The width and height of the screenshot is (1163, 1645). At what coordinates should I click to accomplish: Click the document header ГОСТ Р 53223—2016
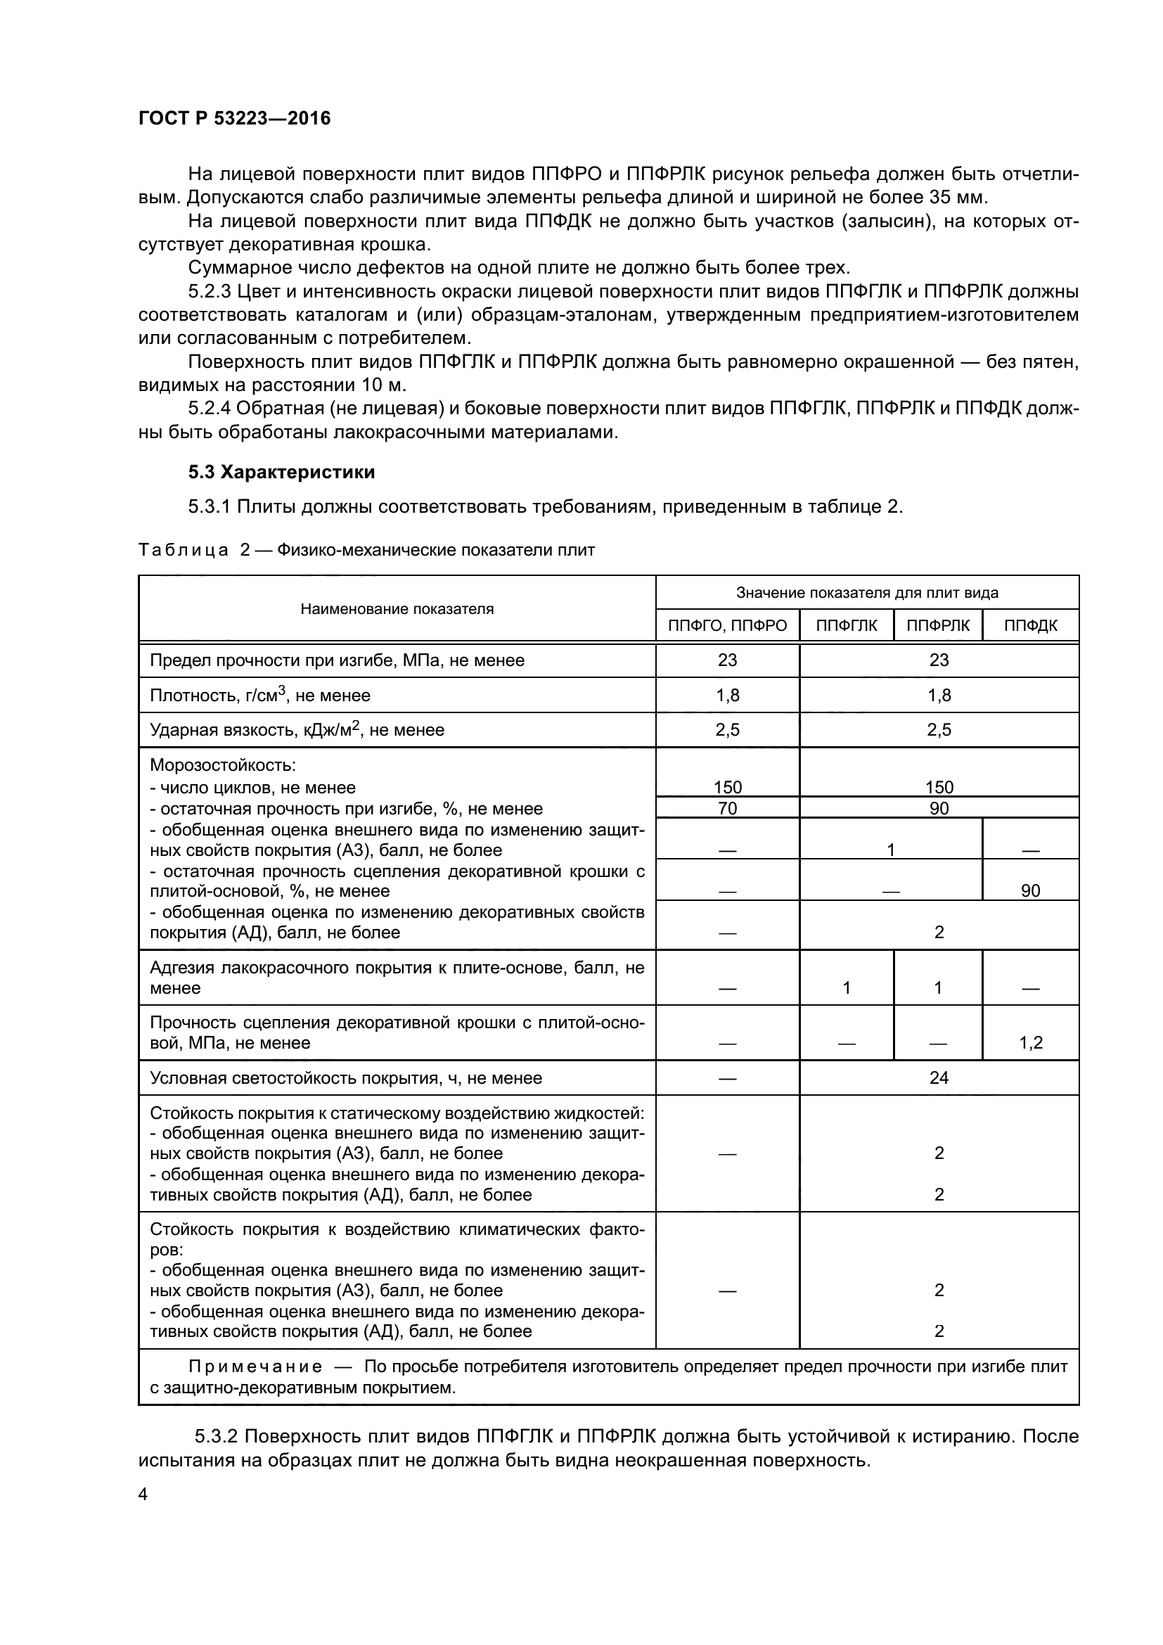click(234, 118)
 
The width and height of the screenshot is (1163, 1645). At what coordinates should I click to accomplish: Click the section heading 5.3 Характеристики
click(281, 472)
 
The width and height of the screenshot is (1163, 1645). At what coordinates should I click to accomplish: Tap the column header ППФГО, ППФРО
click(727, 625)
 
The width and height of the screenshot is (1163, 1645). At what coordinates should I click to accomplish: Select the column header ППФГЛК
click(847, 625)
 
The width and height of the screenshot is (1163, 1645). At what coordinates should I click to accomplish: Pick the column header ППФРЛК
click(938, 625)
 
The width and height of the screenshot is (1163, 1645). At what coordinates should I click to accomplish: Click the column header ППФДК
click(1031, 625)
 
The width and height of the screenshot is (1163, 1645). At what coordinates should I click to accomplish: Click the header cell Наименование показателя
click(397, 609)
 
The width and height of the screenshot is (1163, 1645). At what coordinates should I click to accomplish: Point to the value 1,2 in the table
click(1031, 1042)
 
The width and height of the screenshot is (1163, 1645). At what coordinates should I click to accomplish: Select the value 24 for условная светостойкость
click(938, 1077)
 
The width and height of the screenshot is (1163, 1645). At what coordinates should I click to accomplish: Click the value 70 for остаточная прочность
click(727, 808)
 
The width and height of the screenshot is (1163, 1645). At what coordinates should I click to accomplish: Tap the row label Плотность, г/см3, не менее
click(260, 695)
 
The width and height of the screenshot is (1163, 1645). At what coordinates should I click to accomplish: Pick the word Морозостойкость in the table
click(223, 765)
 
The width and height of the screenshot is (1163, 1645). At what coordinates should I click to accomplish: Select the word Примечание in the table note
click(255, 1366)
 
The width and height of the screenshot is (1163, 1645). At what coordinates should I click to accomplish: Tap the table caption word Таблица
click(184, 550)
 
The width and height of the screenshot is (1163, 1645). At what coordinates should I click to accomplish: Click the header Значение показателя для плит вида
click(867, 592)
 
